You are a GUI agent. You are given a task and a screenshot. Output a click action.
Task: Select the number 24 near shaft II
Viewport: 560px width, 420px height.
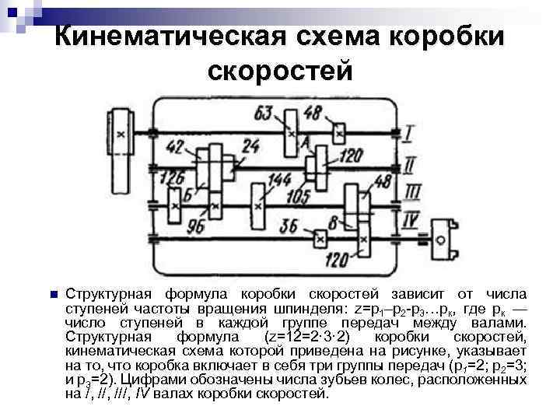[250, 145]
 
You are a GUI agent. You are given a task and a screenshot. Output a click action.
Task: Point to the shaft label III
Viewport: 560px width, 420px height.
[410, 191]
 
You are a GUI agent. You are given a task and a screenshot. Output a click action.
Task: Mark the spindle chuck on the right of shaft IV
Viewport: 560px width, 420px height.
[444, 236]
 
